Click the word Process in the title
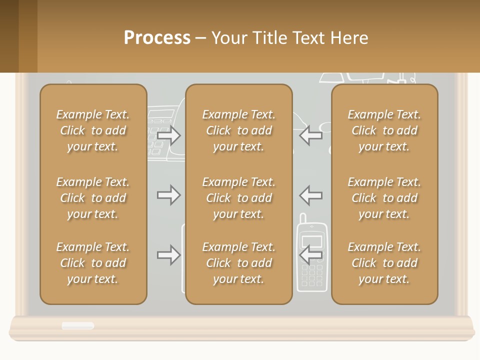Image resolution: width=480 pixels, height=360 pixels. [x=157, y=38]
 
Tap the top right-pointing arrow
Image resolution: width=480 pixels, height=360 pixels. [x=168, y=135]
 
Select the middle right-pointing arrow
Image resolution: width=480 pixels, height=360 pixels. [x=168, y=195]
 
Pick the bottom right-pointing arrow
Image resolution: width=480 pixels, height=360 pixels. [x=168, y=255]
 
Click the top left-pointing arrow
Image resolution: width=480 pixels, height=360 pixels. [x=310, y=135]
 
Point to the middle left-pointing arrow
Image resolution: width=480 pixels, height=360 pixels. [x=310, y=195]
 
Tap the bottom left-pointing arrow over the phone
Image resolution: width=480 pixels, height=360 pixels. [x=310, y=255]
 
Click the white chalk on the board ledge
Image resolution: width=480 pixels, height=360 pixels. [x=77, y=326]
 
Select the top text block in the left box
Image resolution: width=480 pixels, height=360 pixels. [x=93, y=130]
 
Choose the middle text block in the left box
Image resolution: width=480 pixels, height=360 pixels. [x=93, y=198]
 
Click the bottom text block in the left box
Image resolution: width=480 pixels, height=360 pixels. [x=93, y=263]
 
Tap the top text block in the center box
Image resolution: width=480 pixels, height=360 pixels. [x=238, y=130]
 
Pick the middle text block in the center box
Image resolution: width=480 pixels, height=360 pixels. [x=238, y=198]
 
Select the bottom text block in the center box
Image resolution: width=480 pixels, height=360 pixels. [x=238, y=263]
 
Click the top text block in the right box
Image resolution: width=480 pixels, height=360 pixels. [x=384, y=130]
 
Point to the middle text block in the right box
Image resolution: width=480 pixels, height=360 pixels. [x=384, y=198]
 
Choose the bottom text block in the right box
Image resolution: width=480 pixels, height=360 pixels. [x=384, y=263]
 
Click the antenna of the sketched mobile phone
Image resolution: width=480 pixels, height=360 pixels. [x=302, y=219]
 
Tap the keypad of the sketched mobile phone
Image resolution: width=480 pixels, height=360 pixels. [x=312, y=275]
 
